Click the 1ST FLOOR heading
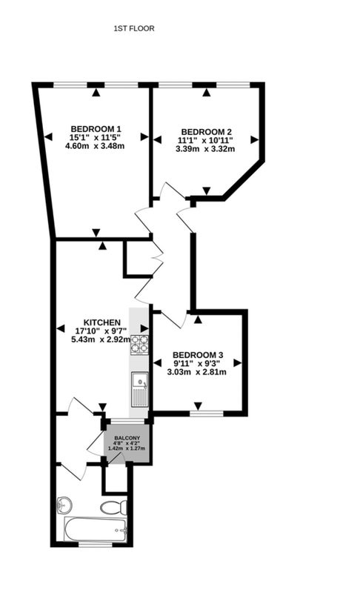[134, 28]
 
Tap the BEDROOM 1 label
[96, 128]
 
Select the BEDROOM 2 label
[206, 132]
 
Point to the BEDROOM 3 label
[198, 355]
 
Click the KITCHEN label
[101, 322]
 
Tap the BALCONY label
[127, 438]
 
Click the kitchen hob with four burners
[139, 345]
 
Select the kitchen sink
[139, 389]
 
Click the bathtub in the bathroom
[96, 529]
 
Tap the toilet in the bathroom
[114, 507]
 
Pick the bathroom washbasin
[64, 504]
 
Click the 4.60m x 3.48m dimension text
[95, 145]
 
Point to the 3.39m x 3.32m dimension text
[205, 149]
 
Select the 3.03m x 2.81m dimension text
[197, 372]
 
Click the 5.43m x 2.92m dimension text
[101, 339]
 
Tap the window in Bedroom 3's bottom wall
[206, 414]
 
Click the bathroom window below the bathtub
[96, 545]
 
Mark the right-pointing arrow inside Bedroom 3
[237, 363]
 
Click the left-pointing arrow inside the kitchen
[61, 328]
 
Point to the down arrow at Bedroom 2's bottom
[206, 191]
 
